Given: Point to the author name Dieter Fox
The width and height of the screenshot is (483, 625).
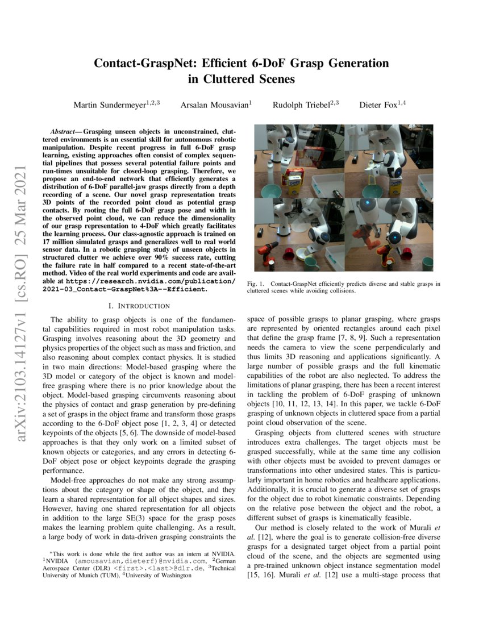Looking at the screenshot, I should pyautogui.click(x=380, y=105).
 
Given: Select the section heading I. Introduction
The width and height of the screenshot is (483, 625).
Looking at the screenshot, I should pyautogui.click(x=140, y=306).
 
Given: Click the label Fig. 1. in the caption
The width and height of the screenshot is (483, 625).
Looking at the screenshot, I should pyautogui.click(x=256, y=283).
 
